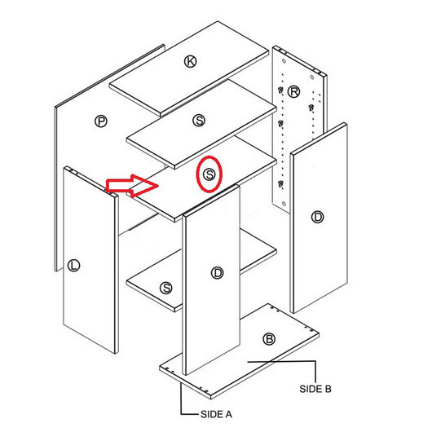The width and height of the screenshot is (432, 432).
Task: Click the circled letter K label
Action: (191, 61)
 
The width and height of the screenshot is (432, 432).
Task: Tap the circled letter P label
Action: (101, 121)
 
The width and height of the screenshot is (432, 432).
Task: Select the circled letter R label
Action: (293, 90)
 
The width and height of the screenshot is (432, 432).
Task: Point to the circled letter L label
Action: (74, 265)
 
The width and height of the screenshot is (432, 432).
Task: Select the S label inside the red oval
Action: (210, 174)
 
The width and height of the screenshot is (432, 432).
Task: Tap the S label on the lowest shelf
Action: (166, 288)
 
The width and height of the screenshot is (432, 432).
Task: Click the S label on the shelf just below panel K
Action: (199, 121)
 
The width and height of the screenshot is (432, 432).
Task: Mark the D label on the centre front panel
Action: (217, 273)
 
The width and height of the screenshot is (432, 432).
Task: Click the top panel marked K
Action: (163, 77)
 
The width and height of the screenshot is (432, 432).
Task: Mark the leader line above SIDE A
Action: (181, 399)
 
